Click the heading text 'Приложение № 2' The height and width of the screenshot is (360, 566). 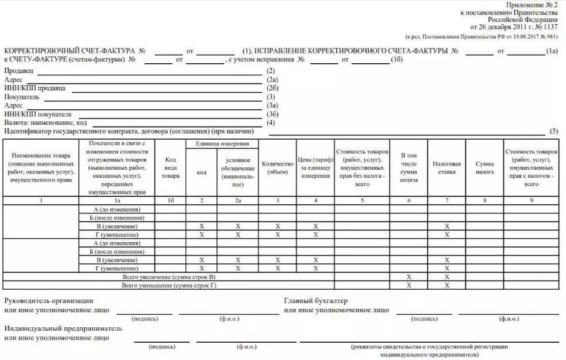[x=533, y=5]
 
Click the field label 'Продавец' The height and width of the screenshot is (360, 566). [x=19, y=71]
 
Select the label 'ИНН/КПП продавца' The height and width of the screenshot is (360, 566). [x=35, y=88]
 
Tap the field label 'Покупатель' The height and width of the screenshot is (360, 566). [x=22, y=97]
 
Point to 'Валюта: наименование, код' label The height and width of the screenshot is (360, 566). [x=45, y=122]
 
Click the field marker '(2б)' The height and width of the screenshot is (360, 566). [x=272, y=88]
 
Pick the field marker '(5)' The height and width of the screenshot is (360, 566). [x=554, y=131]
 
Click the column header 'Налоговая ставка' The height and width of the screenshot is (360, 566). [x=446, y=167]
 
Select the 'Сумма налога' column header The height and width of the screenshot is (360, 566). [x=484, y=167]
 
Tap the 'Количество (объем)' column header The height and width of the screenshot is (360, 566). [x=278, y=167]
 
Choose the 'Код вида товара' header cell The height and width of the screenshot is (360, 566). [x=170, y=167]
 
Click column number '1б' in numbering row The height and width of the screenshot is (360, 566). [x=170, y=201]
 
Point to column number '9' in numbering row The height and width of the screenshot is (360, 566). [x=531, y=201]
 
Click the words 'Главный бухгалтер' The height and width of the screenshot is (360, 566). [x=316, y=301]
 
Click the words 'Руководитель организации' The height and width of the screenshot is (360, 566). [x=48, y=301]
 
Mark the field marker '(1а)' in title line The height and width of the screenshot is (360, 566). [x=552, y=51]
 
